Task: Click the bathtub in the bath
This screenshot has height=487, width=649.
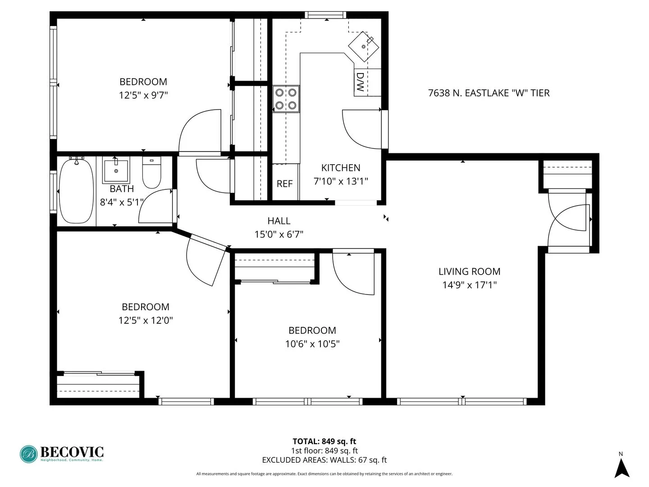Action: point(76,191)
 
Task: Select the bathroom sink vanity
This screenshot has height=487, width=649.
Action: point(116,170)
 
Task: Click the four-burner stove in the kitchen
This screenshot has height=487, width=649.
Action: point(286,99)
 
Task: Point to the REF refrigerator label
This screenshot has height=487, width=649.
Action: point(284,184)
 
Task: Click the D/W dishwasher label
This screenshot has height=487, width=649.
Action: point(360,82)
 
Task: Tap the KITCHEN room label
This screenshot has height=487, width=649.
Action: point(341,168)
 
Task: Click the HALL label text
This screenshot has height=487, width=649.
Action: point(279,221)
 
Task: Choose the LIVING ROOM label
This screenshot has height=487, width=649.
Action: point(469,271)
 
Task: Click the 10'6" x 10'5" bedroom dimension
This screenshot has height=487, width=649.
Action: point(312,344)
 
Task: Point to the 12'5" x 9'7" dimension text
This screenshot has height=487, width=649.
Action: point(143,95)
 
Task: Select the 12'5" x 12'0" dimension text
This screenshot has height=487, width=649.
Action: point(146,321)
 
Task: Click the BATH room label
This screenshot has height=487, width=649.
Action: point(122,189)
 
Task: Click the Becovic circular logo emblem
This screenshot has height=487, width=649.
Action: point(29,454)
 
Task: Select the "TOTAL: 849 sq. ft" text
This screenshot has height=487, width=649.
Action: point(324,441)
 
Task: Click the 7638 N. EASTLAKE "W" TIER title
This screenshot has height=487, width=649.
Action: point(489,93)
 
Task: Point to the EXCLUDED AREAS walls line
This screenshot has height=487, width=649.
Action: point(324,460)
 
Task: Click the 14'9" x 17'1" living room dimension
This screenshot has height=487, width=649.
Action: point(469,285)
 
